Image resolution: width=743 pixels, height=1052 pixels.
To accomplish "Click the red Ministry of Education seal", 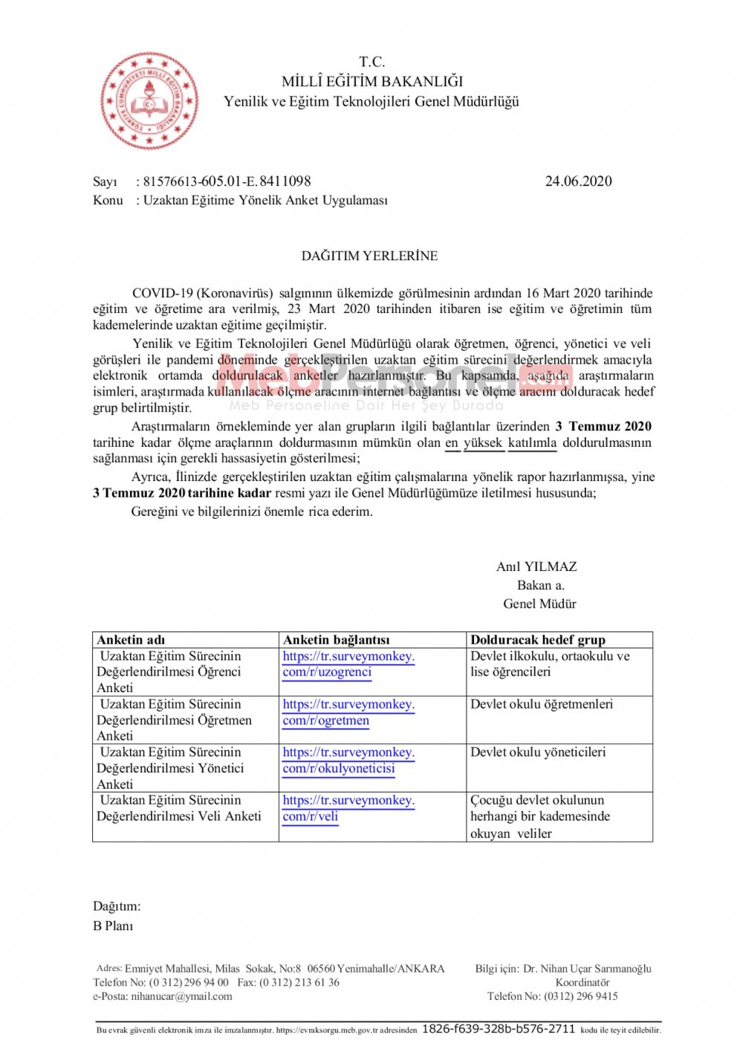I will click(149, 100).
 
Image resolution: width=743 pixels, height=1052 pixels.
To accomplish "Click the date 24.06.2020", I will click(578, 181).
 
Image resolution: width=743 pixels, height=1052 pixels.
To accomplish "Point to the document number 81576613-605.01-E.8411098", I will click(227, 181).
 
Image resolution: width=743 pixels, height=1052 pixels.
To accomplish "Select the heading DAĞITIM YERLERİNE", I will click(369, 256).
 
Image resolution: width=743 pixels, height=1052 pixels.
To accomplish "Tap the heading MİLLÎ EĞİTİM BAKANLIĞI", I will click(371, 81).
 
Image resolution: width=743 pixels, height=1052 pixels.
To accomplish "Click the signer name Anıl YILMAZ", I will click(536, 567).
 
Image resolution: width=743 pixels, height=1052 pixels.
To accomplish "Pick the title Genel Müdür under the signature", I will click(539, 604).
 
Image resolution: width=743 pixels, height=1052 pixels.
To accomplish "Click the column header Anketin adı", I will click(131, 639).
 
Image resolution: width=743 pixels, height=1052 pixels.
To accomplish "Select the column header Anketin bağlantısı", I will click(336, 639).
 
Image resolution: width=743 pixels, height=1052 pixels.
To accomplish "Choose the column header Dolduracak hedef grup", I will click(538, 639).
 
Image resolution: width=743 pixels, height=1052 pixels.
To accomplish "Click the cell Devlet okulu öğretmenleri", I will click(542, 704).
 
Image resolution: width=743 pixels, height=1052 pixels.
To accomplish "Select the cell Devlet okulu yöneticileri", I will click(538, 752).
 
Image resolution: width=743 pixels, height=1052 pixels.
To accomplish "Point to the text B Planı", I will click(113, 926).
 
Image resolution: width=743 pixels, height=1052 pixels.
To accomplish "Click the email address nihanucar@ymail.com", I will click(181, 996).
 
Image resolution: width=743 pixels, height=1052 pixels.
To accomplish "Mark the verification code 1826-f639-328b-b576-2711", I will click(499, 1029).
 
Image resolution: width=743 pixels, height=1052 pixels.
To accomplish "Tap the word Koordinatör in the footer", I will click(583, 982).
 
